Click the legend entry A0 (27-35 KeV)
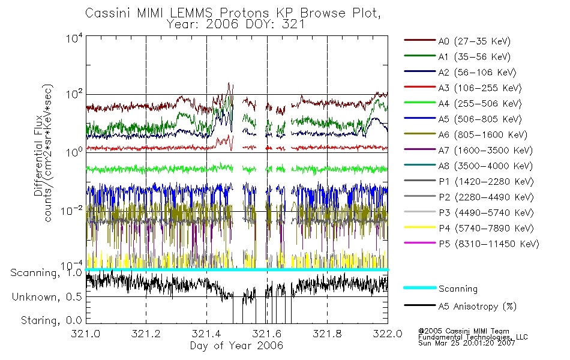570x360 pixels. click(457, 41)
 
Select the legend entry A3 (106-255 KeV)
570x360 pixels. click(463, 88)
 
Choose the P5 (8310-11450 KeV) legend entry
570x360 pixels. click(472, 244)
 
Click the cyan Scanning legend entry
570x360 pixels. click(440, 289)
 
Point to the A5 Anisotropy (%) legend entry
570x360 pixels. click(460, 306)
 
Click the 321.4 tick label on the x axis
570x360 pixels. click(206, 334)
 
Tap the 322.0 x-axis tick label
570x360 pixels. click(388, 334)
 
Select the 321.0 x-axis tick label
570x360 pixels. click(86, 334)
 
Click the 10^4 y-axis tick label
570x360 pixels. click(74, 38)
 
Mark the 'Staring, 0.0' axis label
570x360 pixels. click(51, 320)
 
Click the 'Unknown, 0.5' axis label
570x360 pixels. click(47, 297)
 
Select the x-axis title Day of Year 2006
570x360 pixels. click(236, 346)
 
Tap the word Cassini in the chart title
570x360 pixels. click(109, 13)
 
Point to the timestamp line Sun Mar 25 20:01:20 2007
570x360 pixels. click(466, 343)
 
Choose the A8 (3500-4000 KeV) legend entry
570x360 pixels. click(468, 166)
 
